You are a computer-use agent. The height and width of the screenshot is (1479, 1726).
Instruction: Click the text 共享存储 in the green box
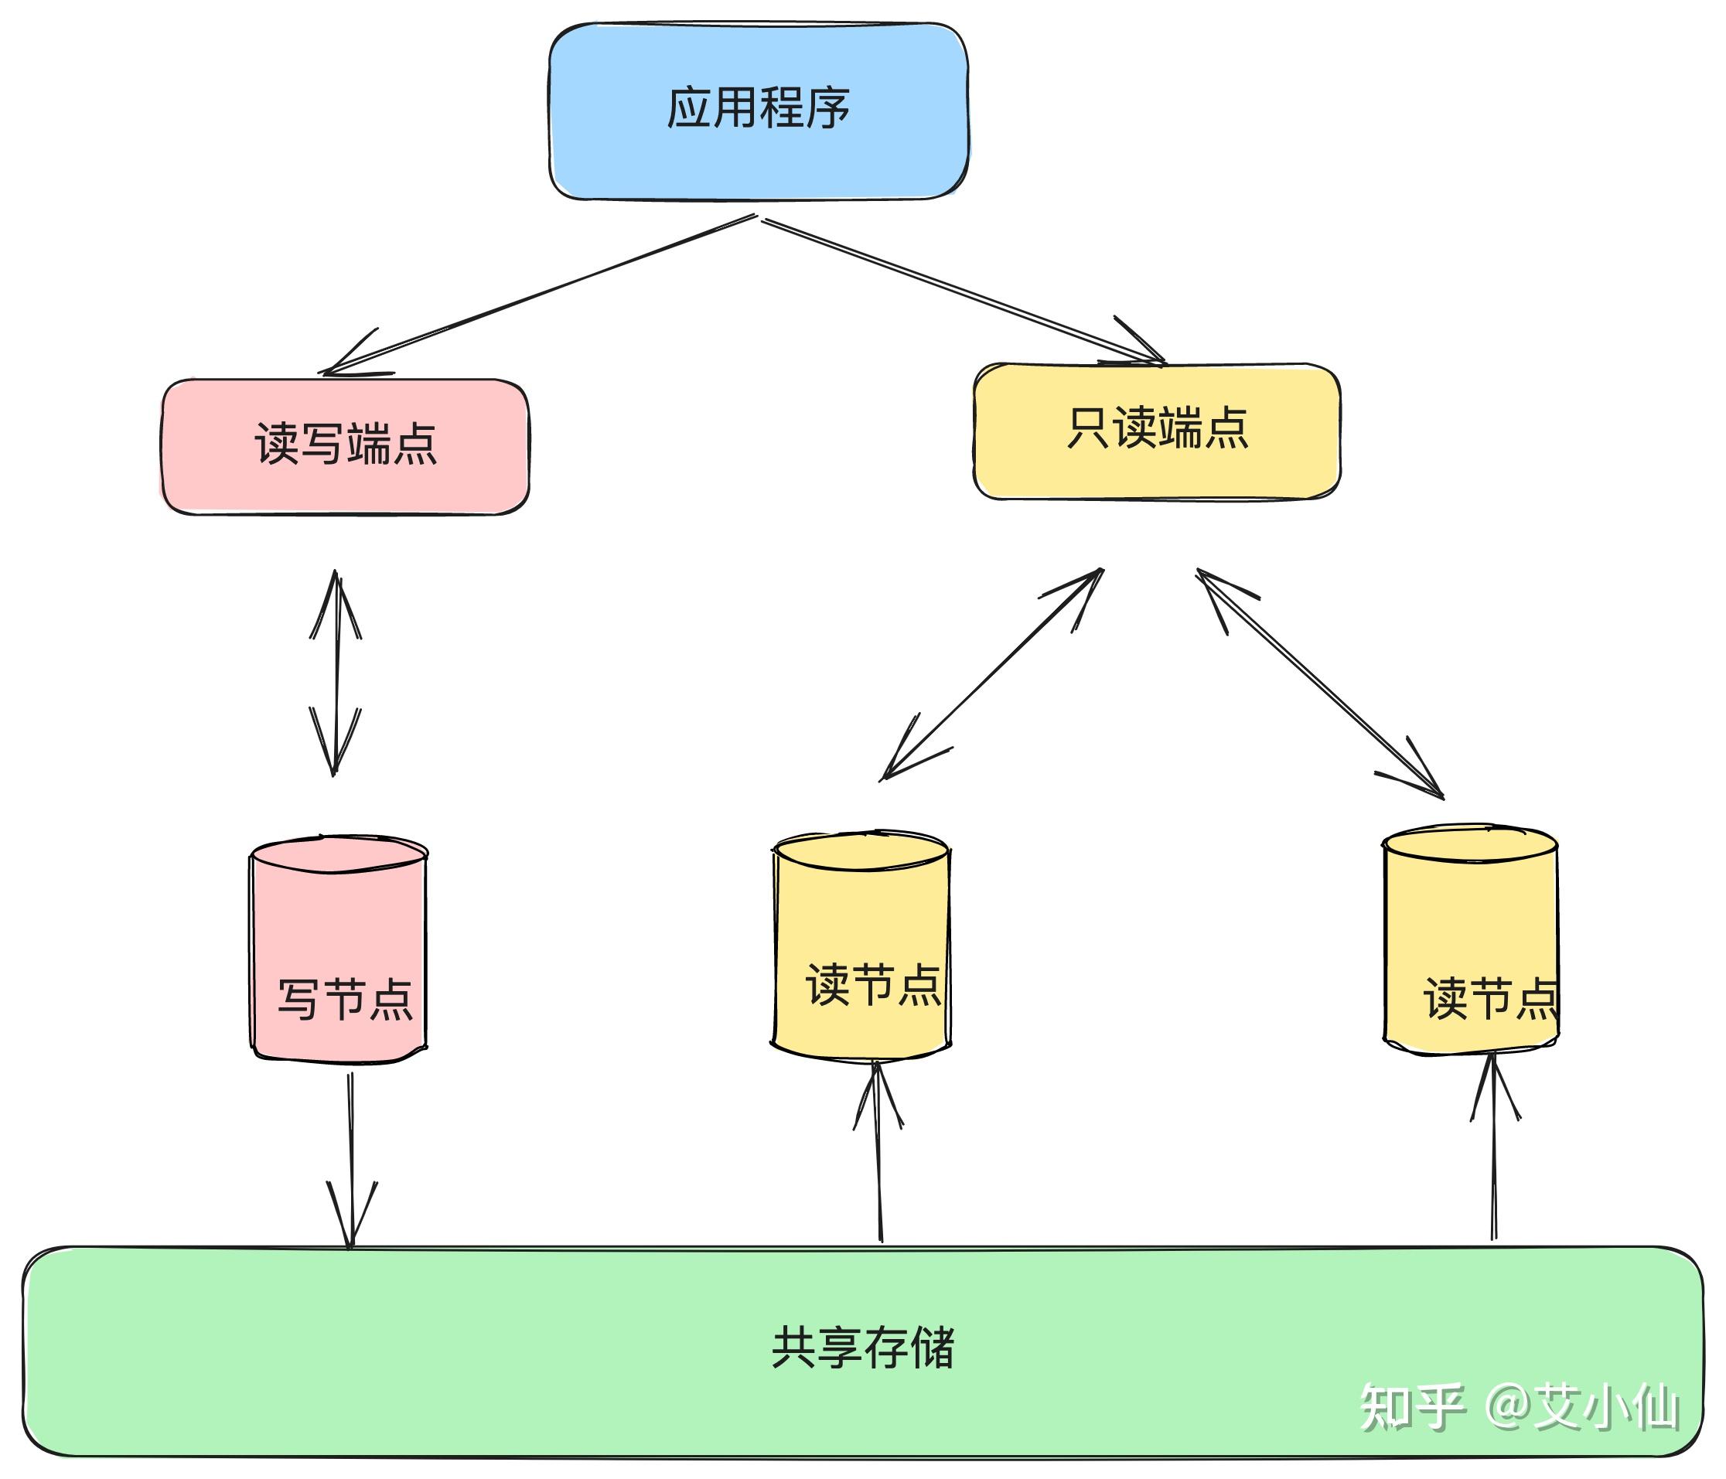coord(862,1348)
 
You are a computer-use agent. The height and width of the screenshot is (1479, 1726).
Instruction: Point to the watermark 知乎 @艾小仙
coord(1518,1407)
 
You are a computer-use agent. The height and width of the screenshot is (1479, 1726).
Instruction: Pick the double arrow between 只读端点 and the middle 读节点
coord(991,674)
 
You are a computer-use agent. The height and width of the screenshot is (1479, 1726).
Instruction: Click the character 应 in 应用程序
coord(689,108)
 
